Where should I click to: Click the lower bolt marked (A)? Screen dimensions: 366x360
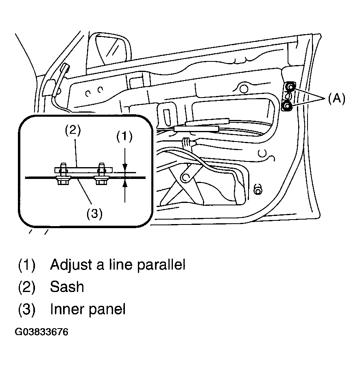coord(287,106)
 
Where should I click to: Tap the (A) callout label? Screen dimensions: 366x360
coord(336,99)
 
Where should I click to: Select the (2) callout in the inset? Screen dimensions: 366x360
coord(73,131)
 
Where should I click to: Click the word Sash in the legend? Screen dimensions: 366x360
coord(67,287)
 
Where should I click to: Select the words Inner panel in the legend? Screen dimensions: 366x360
coord(87,309)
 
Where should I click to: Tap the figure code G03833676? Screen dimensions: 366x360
coord(42,332)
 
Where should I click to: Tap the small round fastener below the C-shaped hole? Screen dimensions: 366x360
coord(257,188)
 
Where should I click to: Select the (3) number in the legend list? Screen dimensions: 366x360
coord(26,309)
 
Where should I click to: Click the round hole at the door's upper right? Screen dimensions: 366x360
coord(244,88)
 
